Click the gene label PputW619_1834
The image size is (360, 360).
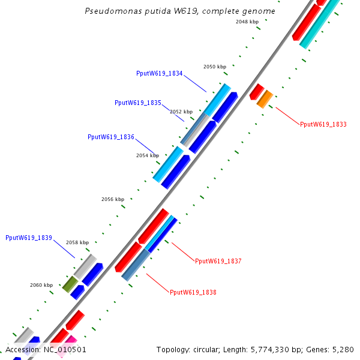159,73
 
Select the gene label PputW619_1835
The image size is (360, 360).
137,103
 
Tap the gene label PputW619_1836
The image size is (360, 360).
110,137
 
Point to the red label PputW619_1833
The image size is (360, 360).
323,124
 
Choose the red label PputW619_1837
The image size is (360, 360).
218,261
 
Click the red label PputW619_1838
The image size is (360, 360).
193,292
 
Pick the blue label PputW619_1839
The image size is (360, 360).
29,238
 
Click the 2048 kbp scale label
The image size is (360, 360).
247,22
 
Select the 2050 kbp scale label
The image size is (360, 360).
215,67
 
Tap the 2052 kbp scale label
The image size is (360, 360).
181,112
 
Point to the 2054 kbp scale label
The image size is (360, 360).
148,155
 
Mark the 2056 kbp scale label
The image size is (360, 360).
113,199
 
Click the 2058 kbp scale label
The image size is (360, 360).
77,242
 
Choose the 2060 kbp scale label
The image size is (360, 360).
41,285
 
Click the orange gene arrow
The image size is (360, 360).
265,98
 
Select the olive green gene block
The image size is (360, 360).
70,284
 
